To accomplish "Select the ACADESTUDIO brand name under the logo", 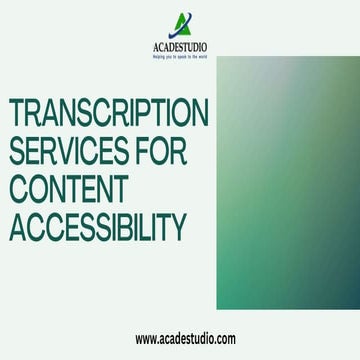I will [x=180, y=46].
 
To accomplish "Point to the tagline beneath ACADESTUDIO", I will [x=180, y=56].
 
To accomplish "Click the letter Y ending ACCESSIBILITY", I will [x=178, y=228].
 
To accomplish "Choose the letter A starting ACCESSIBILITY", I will [x=19, y=228].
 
